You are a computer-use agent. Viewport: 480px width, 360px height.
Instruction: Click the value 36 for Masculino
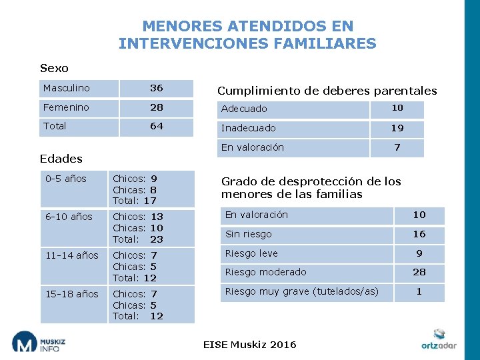(156, 88)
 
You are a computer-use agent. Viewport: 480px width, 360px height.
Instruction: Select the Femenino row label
(66, 107)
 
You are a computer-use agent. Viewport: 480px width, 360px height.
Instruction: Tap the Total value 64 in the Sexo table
(156, 126)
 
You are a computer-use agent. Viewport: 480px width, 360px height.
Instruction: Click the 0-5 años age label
(66, 179)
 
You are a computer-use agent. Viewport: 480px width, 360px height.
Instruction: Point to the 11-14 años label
(71, 255)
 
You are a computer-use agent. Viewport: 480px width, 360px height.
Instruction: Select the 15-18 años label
(71, 294)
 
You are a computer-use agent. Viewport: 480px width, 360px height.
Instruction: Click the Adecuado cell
(244, 109)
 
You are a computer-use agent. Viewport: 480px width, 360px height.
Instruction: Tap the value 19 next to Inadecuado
(397, 128)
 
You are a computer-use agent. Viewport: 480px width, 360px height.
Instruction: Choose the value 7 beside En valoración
(397, 147)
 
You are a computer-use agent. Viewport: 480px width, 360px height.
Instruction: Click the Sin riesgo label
(248, 234)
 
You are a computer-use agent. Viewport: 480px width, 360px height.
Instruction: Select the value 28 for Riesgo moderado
(419, 272)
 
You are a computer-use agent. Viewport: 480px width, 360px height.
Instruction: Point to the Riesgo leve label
(251, 253)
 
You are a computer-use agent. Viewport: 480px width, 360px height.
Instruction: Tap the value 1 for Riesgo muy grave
(419, 291)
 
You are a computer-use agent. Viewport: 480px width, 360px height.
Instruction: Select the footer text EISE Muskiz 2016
(249, 345)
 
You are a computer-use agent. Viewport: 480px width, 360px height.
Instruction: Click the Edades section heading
(61, 159)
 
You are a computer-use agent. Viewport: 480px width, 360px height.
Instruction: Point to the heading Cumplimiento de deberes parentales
(327, 91)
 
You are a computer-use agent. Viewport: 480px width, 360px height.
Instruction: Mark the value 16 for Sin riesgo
(419, 234)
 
